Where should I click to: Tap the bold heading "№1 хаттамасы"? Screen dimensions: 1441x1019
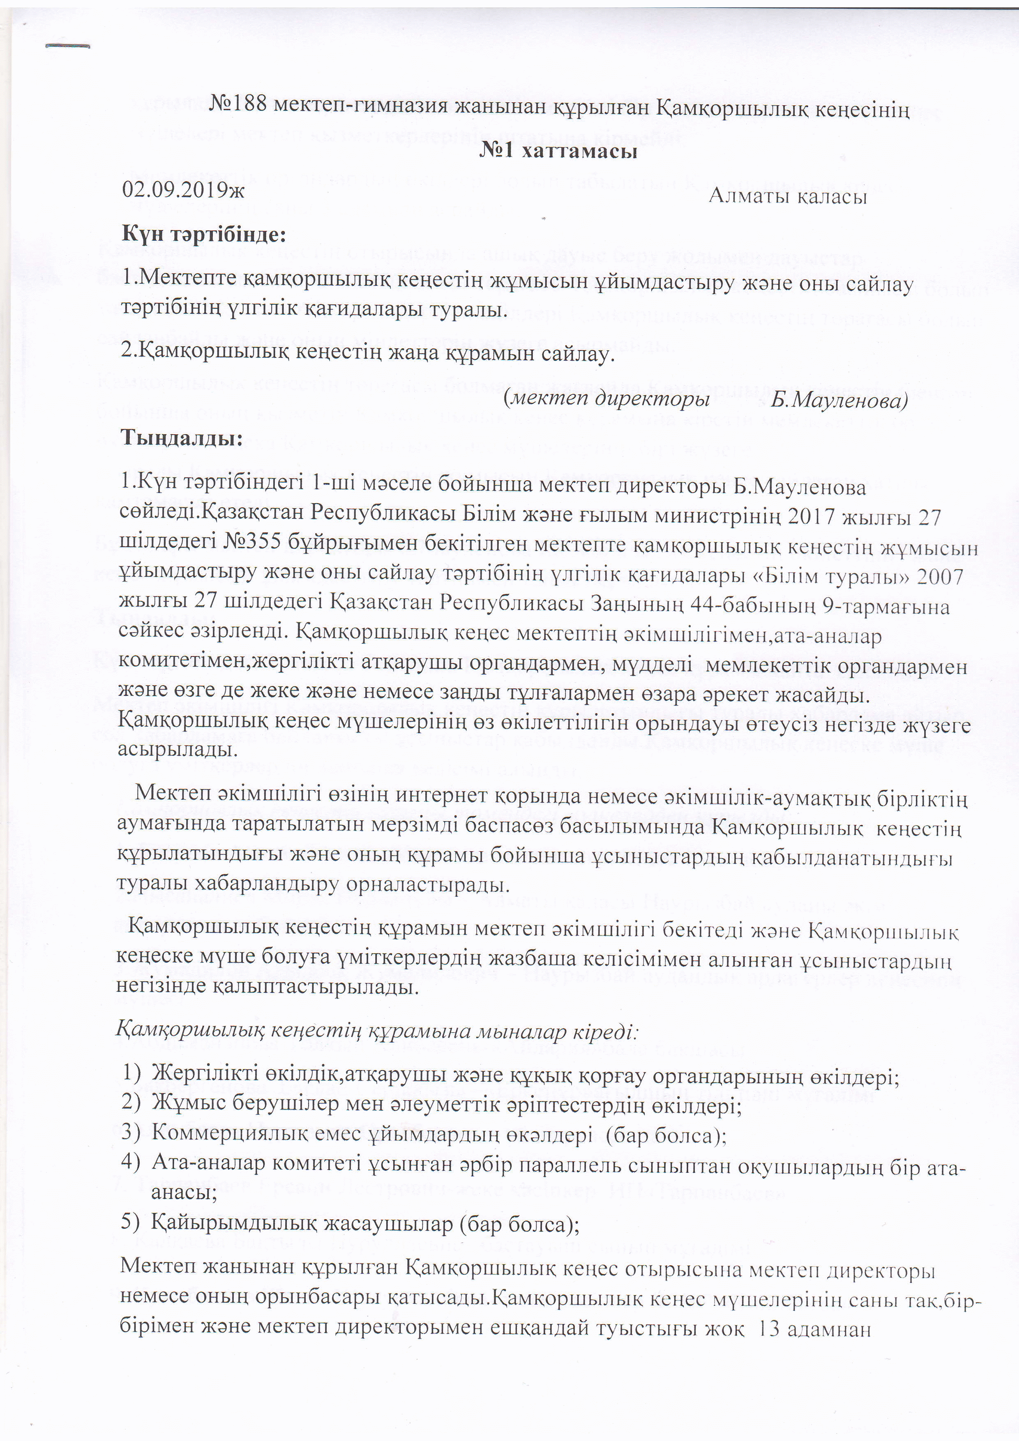click(x=558, y=152)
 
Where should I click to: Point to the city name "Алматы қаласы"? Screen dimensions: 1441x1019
click(x=787, y=196)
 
